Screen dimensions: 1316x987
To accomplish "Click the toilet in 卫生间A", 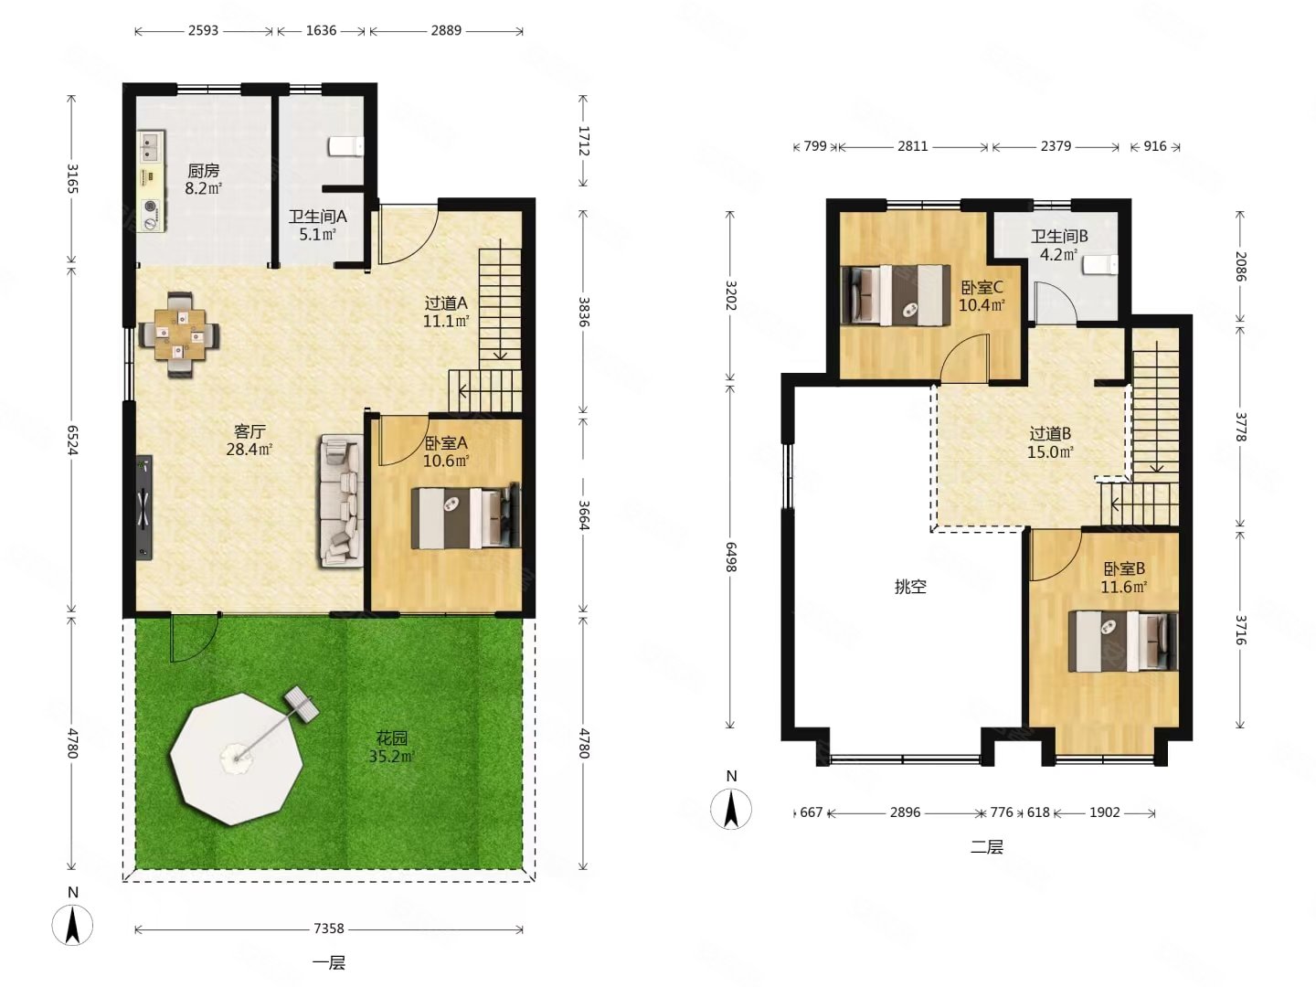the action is click(x=346, y=146).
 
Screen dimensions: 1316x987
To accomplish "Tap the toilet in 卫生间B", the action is click(x=1101, y=265).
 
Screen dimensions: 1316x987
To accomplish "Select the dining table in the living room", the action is click(x=179, y=334).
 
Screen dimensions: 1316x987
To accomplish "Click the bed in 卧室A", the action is click(x=466, y=516).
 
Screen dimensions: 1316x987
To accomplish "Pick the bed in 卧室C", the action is click(x=896, y=295).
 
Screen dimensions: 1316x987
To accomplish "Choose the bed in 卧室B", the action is click(x=1123, y=642).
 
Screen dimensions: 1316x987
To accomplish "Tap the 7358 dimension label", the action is click(x=329, y=929).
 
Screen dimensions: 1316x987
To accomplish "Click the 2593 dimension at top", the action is click(x=203, y=30).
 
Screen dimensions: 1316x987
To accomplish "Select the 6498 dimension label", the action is click(x=730, y=557).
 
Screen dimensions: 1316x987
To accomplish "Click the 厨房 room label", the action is click(x=203, y=171).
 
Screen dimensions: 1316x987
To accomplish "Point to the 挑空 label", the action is click(x=910, y=586).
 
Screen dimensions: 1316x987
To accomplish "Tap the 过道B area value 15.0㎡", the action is click(x=1050, y=451).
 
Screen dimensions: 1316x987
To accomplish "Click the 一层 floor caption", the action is click(x=329, y=963).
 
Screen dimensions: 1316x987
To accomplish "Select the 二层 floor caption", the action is click(x=986, y=847).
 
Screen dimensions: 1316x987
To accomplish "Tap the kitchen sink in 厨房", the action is click(x=151, y=147).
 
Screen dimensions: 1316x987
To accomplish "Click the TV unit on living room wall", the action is click(x=143, y=507).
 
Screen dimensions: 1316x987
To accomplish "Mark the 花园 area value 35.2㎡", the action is click(x=391, y=757).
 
